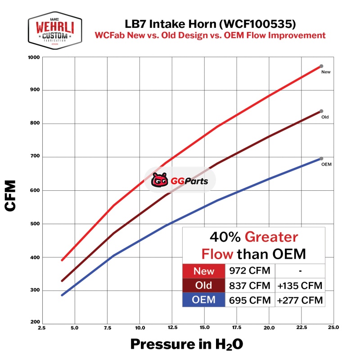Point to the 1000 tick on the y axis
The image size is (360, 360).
35,58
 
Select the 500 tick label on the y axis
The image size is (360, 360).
36,224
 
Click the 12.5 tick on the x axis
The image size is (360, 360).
172,328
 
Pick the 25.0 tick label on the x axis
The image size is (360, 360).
333,328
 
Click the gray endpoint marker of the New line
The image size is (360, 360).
321,66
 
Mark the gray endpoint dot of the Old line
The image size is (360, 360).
321,111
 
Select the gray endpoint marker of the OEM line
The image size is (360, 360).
321,158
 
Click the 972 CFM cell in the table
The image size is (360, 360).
250,271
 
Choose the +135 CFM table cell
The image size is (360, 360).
300,285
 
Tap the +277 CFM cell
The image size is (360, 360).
300,300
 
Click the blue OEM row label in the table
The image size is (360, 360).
204,300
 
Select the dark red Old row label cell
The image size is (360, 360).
204,285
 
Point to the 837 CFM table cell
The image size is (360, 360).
250,285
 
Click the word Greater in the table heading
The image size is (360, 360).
272,237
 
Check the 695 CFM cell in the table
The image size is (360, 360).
250,300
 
